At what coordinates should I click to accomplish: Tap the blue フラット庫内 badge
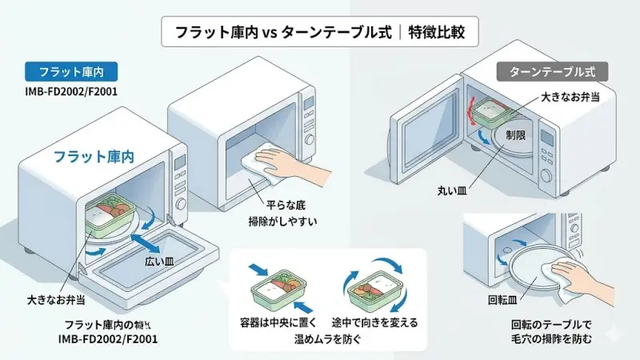[x=60, y=70]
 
